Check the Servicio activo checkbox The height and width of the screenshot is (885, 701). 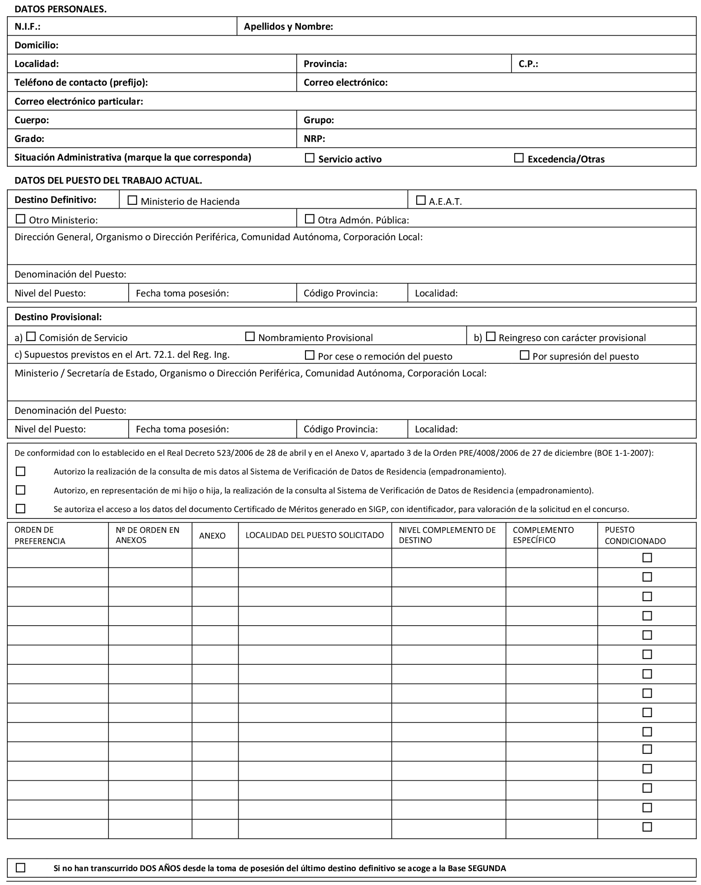tap(310, 158)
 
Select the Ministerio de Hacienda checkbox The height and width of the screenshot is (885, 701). tap(132, 200)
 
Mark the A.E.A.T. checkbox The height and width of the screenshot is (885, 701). tap(421, 200)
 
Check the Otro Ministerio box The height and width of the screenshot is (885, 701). tap(20, 219)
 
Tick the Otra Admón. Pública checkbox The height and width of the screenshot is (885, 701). tap(310, 219)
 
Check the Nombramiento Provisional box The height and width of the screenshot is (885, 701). tap(250, 337)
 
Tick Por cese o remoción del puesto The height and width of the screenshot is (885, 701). tap(310, 355)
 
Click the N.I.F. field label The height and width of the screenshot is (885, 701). tap(27, 27)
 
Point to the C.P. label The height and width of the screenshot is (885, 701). tap(528, 64)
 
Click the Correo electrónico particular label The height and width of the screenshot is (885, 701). tap(79, 101)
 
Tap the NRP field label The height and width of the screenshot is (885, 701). tap(314, 139)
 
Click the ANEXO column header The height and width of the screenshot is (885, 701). tap(212, 536)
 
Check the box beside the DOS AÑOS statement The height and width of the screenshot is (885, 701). tap(20, 868)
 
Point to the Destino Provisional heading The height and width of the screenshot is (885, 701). tap(58, 317)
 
